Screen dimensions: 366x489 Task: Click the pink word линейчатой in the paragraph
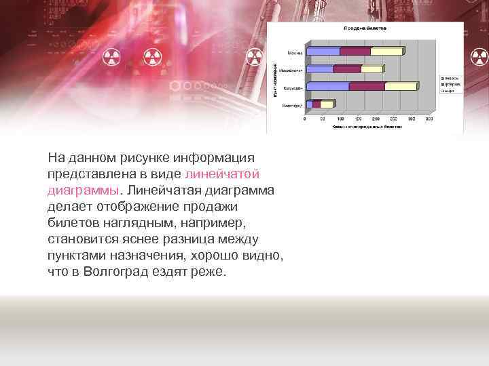click(x=222, y=174)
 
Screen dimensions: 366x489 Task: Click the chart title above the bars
click(x=365, y=28)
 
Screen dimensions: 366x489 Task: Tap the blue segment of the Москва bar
click(x=323, y=52)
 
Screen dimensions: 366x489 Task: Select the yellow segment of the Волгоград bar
click(x=327, y=104)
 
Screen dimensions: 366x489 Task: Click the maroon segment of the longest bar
click(x=367, y=87)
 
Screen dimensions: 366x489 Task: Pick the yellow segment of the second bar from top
click(x=373, y=69)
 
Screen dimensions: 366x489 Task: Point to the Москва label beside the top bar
click(x=295, y=52)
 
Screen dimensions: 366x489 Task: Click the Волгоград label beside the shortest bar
click(x=293, y=105)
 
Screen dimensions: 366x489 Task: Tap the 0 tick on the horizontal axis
click(x=305, y=119)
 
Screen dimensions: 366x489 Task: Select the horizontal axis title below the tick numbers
click(x=363, y=126)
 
